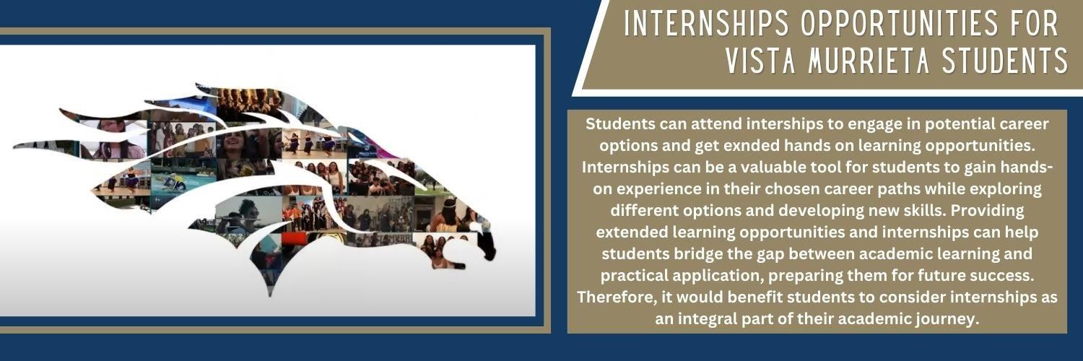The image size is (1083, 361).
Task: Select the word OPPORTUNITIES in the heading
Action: click(900, 23)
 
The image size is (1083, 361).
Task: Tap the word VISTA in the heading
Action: click(760, 61)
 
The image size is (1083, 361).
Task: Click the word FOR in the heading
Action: click(1034, 23)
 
